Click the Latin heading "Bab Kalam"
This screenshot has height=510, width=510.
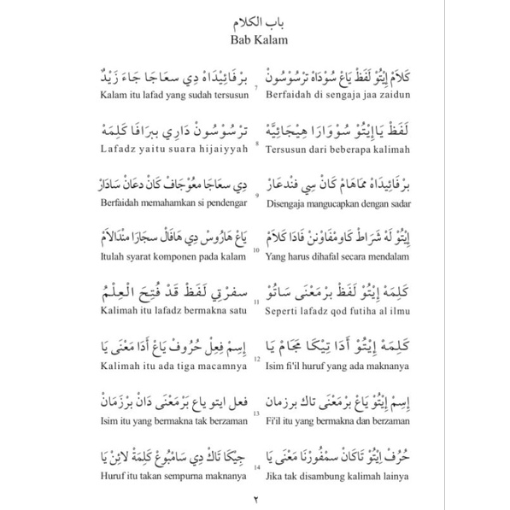click(255, 38)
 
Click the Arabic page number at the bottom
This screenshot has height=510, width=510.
click(255, 497)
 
